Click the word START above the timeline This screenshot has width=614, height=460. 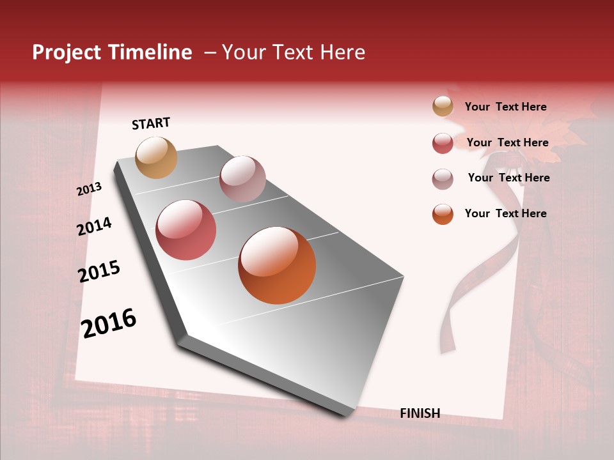point(151,123)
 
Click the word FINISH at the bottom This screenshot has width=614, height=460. point(420,413)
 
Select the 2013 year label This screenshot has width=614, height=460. point(89,188)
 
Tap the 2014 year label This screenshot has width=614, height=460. point(94,226)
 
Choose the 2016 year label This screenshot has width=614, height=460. point(109,323)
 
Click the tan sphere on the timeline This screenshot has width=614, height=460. point(157,157)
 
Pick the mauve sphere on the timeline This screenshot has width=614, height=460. point(242,179)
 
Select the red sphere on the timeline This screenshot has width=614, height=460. point(186,230)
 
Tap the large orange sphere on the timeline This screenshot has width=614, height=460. point(277,265)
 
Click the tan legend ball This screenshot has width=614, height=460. point(443,107)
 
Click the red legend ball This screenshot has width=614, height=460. point(443,143)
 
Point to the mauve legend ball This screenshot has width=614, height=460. point(443,179)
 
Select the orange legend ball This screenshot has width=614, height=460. point(443,214)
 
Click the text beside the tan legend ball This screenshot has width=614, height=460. point(505,107)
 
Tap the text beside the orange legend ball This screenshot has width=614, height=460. point(505,213)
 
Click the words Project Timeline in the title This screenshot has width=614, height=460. point(112,52)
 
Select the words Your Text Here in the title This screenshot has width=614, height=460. point(294,52)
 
